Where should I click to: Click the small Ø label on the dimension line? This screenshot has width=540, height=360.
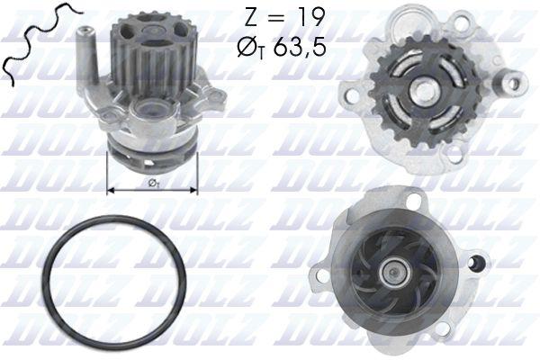pyautogui.click(x=154, y=184)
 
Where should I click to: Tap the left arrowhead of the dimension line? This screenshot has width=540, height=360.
pyautogui.click(x=112, y=190)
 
